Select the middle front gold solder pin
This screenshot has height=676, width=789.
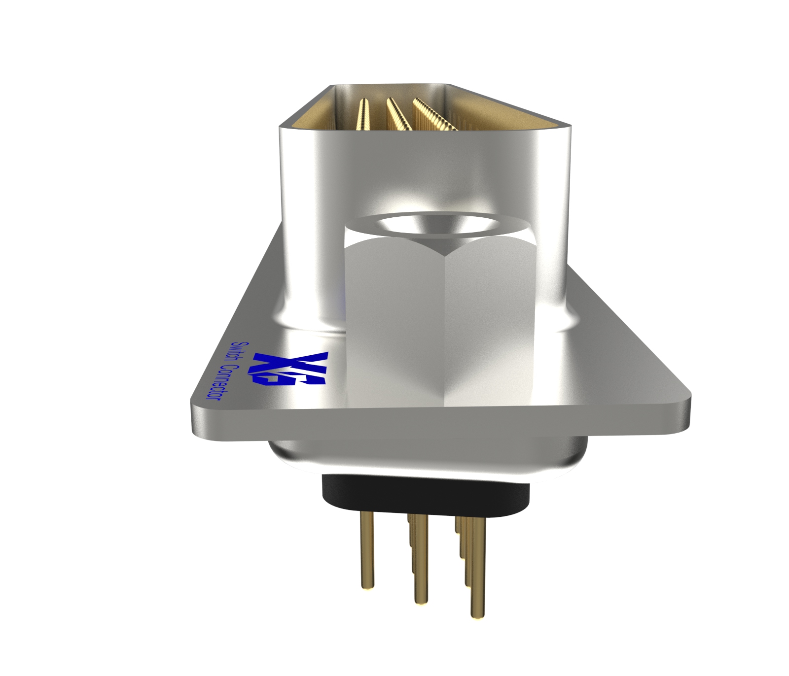click(420, 562)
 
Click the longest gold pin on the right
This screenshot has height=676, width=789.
click(476, 567)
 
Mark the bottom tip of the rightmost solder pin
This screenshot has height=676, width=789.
click(476, 615)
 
